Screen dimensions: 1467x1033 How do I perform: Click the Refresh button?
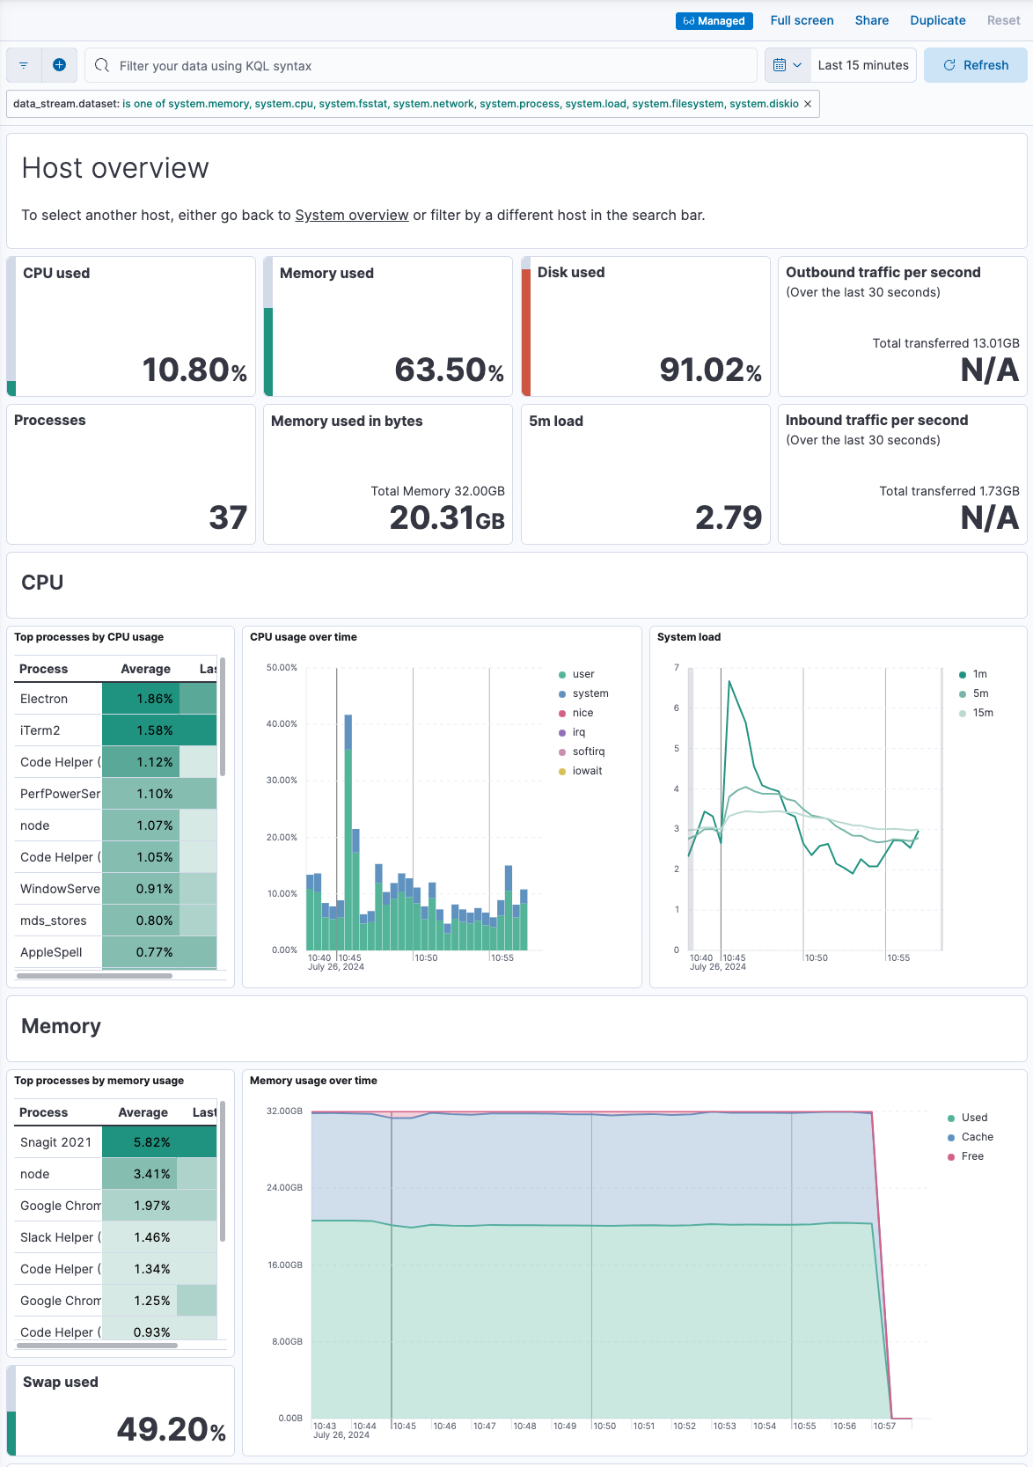[x=975, y=65]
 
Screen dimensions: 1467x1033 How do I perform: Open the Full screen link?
[x=802, y=20]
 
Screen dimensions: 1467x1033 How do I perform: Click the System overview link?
[x=351, y=215]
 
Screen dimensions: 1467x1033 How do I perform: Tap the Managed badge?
[x=714, y=20]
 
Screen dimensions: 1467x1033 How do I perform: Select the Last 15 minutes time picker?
[x=862, y=65]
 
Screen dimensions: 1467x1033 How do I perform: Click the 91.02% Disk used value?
[x=710, y=370]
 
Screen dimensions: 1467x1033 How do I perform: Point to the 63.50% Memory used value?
[x=449, y=370]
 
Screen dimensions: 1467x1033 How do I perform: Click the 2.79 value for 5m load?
[x=728, y=517]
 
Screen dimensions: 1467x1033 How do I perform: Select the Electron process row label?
[x=44, y=699]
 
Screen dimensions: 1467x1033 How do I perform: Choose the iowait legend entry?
[x=587, y=771]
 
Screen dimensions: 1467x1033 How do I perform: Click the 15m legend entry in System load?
[x=982, y=713]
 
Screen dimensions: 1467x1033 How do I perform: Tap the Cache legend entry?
[x=977, y=1137]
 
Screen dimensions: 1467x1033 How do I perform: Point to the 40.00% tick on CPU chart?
[x=282, y=723]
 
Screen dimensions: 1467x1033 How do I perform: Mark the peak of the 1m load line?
[x=729, y=681]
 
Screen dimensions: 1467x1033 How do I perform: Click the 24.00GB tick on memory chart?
[x=284, y=1188]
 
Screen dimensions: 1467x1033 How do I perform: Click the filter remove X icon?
[x=808, y=104]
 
